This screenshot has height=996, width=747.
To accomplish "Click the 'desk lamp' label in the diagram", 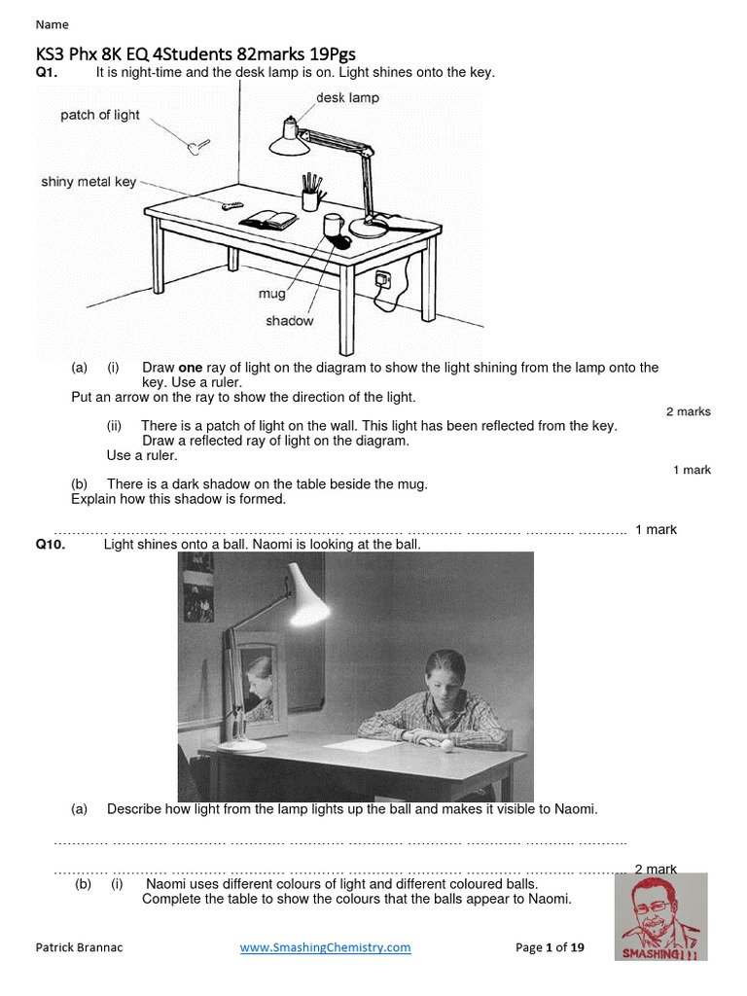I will point(347,98).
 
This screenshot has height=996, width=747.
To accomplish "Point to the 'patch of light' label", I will point(100,115).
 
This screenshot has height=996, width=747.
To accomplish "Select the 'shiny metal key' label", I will point(89,182).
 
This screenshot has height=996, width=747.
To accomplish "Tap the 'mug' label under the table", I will point(270,292).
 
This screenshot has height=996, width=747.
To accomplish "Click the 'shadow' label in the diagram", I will point(289,320).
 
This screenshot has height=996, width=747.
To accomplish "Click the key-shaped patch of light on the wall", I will point(197,146).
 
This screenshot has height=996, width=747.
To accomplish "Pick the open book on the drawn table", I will point(269,221).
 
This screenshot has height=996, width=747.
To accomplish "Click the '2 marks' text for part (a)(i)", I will point(688,411).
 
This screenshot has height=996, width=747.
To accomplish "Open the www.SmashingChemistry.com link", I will point(325,947).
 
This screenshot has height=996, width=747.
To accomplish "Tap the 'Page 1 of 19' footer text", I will point(550,947).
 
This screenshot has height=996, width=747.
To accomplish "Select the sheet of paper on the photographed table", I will point(359,744).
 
